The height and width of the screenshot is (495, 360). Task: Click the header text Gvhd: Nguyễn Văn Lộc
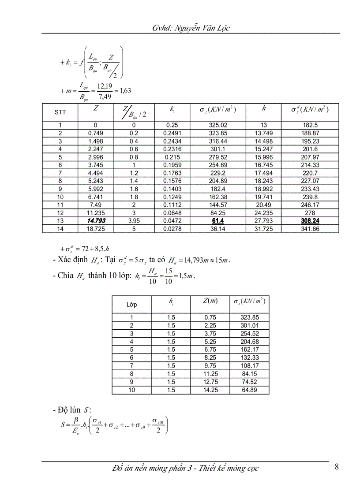pyautogui.click(x=191, y=28)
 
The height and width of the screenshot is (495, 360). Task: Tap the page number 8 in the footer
pyautogui.click(x=337, y=467)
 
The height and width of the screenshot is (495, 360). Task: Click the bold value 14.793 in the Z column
pyautogui.click(x=96, y=221)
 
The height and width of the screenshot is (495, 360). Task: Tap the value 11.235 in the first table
pyautogui.click(x=96, y=213)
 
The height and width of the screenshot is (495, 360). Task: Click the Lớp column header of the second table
pyautogui.click(x=131, y=305)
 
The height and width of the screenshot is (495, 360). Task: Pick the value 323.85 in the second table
pyautogui.click(x=249, y=317)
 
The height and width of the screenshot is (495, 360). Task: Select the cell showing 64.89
pyautogui.click(x=249, y=390)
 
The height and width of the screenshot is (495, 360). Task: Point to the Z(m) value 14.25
pyautogui.click(x=209, y=390)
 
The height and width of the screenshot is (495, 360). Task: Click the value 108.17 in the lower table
pyautogui.click(x=249, y=366)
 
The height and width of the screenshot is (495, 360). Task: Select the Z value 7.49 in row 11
pyautogui.click(x=96, y=205)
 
